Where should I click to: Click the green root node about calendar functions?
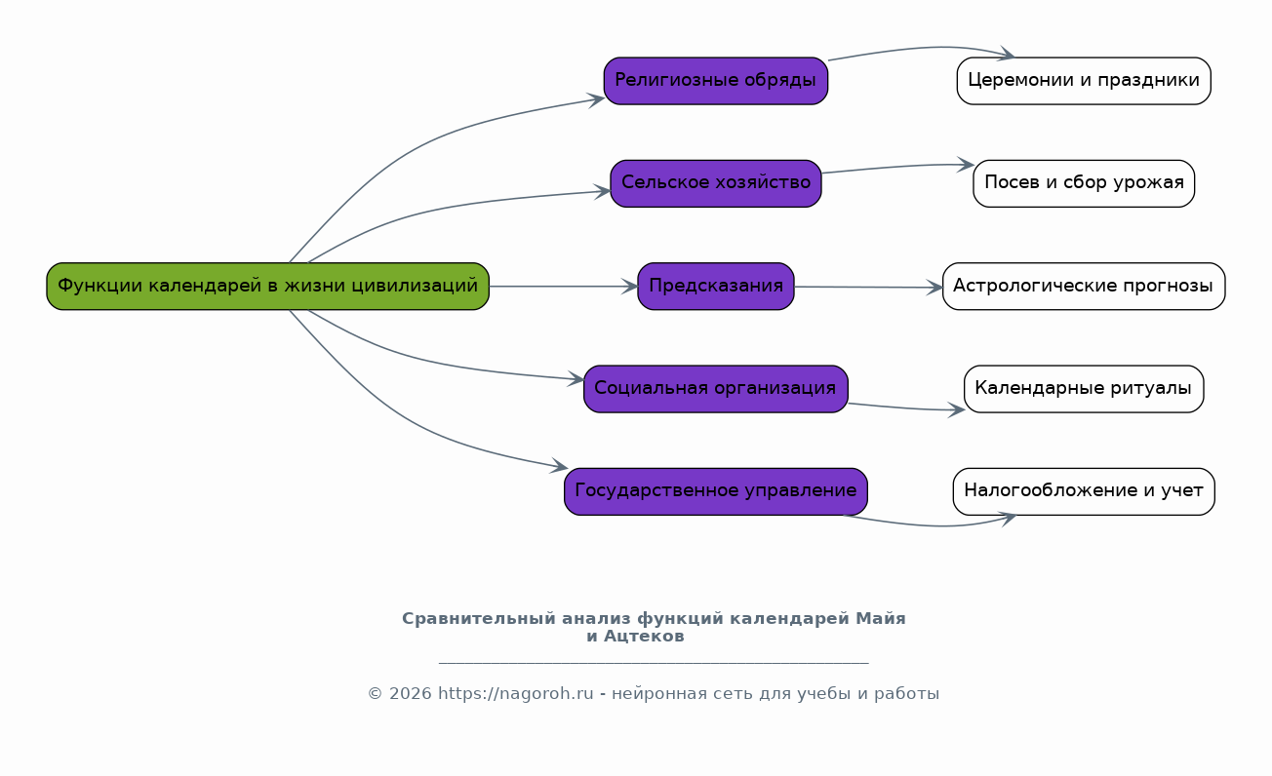[267, 286]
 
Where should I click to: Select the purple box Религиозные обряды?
[716, 81]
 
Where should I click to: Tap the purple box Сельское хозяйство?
[716, 183]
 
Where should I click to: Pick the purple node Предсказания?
[716, 286]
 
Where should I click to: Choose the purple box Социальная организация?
[716, 389]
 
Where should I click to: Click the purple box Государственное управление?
[716, 491]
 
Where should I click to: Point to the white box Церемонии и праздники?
[1084, 81]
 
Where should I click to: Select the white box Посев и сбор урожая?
[1084, 183]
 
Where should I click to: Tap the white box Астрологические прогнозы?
[1084, 286]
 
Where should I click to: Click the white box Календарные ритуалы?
[1084, 389]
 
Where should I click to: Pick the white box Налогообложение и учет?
[1084, 491]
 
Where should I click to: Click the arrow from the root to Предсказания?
[563, 286]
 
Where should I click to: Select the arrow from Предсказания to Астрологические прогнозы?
[868, 288]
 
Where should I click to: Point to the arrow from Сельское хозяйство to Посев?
[897, 167]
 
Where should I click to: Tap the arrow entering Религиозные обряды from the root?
[431, 140]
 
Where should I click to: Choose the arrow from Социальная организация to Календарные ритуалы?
[906, 408]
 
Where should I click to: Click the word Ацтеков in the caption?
[644, 637]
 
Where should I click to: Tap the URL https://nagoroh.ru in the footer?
[516, 694]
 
